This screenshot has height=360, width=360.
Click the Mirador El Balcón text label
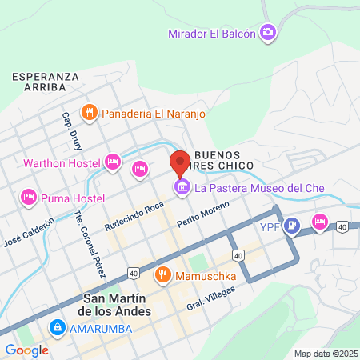coord(212,34)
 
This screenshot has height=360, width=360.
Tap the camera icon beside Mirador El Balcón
coord(268,33)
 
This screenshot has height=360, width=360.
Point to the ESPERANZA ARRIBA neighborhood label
coord(45,81)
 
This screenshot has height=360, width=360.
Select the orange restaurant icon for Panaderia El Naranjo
coord(90,113)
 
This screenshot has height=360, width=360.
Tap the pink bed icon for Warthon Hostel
coord(113,162)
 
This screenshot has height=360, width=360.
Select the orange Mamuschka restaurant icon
coord(164,275)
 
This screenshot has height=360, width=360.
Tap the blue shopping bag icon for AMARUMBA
coord(57,327)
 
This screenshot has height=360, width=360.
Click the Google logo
coord(26,350)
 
